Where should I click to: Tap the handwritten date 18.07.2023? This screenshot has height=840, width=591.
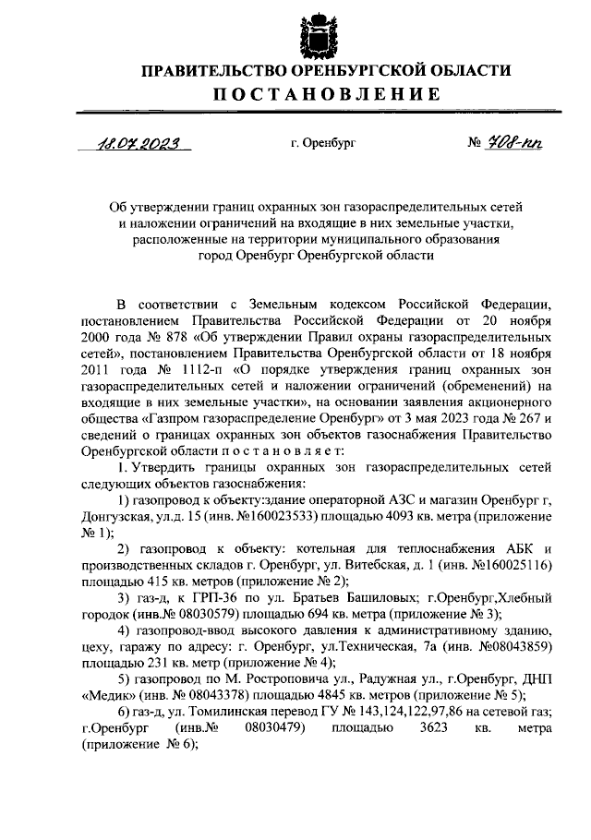140,144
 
